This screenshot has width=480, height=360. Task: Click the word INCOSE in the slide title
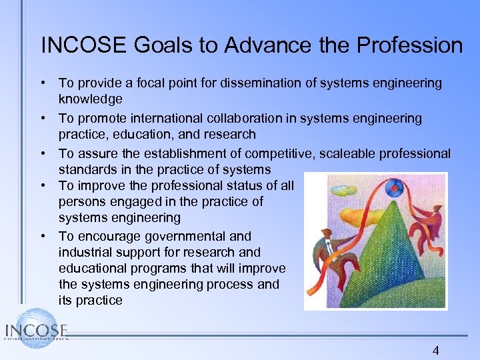coord(83,45)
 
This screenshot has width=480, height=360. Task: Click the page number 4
coord(436,351)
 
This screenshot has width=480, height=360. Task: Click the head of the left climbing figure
coord(328,234)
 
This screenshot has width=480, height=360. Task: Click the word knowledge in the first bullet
coord(90,99)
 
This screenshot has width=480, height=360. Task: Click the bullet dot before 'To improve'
coord(42,185)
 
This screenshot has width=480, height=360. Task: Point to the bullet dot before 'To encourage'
coord(42,236)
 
